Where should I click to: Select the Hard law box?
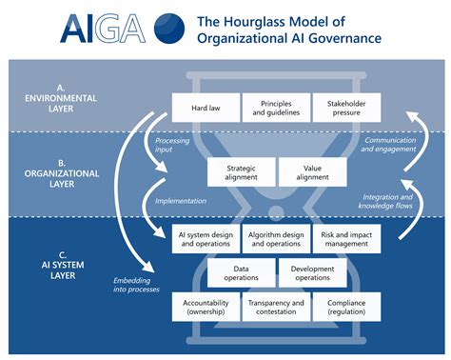tap(205, 107)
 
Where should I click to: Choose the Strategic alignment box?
tap(241, 171)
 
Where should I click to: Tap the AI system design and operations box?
tap(205, 238)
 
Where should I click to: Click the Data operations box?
tap(241, 272)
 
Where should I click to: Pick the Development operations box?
tap(311, 272)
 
